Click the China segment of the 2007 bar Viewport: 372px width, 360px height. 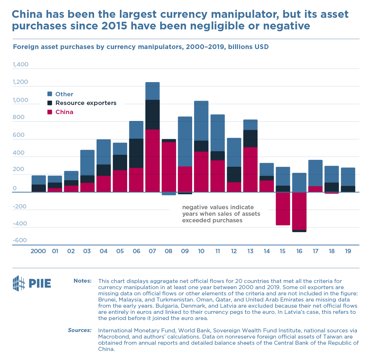click(153, 161)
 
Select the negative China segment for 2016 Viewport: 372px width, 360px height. click(299, 211)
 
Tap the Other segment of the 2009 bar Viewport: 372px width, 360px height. click(185, 141)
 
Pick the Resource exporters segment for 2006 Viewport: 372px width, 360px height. click(136, 153)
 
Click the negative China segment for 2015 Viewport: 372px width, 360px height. click(283, 209)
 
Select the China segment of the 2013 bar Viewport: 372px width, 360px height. click(250, 169)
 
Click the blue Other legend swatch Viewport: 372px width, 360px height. click(50, 94)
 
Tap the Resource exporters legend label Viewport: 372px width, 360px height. click(86, 103)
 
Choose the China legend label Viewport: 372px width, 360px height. click(64, 112)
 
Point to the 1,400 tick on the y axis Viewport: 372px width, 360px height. click(20, 65)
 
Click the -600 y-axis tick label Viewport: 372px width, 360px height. click(20, 240)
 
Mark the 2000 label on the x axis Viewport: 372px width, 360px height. click(39, 251)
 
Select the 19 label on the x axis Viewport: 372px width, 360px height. click(348, 251)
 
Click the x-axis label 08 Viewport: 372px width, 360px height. click(169, 251)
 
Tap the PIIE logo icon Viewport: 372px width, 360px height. click(19, 283)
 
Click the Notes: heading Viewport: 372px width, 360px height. click(83, 281)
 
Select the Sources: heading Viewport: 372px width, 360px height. click(80, 330)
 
